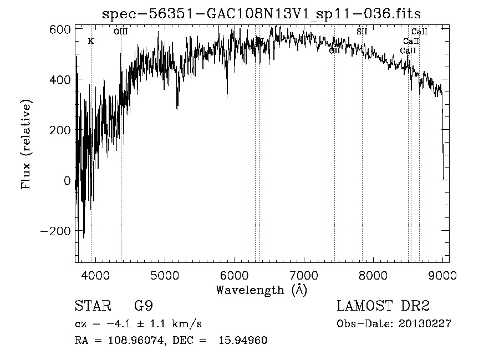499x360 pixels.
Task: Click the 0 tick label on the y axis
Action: tap(67, 181)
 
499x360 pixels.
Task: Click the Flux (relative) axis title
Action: tap(27, 144)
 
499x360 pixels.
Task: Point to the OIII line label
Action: tap(121, 32)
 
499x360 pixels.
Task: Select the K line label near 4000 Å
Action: tap(91, 41)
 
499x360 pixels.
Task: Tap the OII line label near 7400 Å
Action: tap(334, 51)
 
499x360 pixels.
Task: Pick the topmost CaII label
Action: tap(419, 32)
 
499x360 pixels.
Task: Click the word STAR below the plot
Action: tap(89, 306)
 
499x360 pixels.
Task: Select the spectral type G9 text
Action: tap(144, 306)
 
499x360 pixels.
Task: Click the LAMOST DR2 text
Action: tap(383, 306)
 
